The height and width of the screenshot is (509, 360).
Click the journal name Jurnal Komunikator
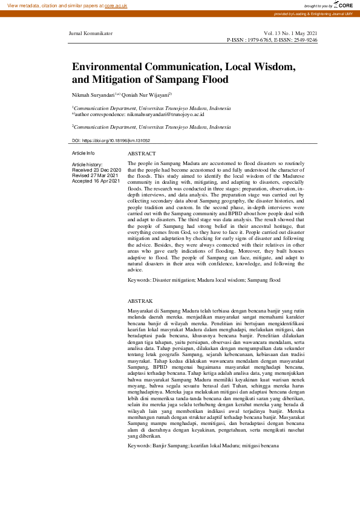click(91, 33)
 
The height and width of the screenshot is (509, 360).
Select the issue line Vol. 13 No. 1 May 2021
click(290, 33)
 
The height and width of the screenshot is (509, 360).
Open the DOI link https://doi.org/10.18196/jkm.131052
click(125, 140)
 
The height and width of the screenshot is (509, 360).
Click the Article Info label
click(83, 154)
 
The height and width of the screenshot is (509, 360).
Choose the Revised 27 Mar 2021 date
click(95, 176)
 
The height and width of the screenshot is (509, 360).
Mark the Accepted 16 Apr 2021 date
click(96, 181)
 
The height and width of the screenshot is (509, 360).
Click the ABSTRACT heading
click(142, 154)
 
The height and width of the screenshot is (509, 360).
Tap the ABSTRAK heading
click(140, 300)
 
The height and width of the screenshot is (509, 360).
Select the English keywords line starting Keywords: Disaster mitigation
click(205, 280)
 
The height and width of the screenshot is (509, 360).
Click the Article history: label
click(87, 165)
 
